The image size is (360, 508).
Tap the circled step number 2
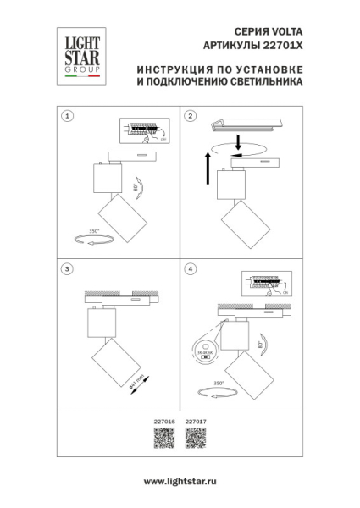(190, 115)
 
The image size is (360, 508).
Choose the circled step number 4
(190, 268)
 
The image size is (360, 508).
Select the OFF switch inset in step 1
(141, 130)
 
